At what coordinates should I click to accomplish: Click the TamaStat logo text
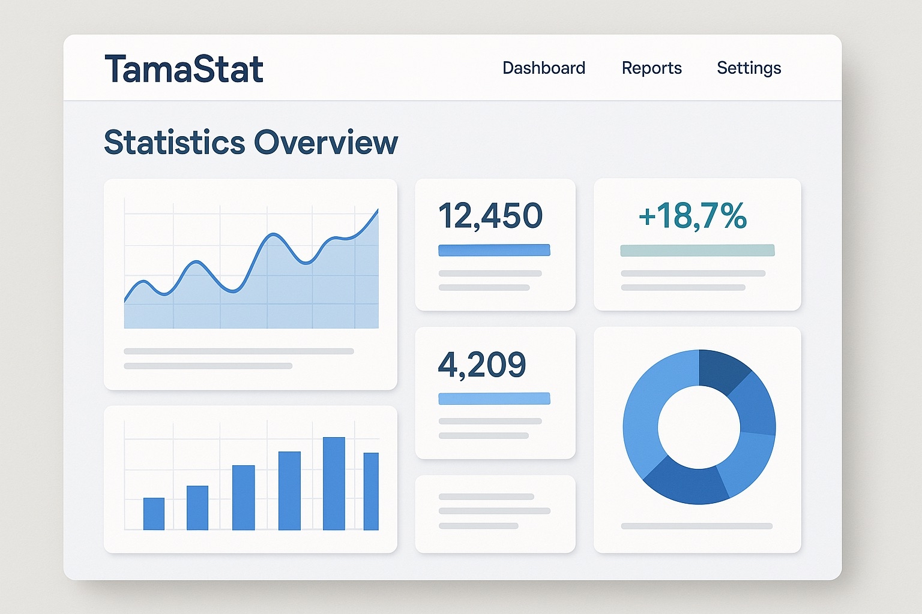point(184,69)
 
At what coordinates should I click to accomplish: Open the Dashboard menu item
point(544,68)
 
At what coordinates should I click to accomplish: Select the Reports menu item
point(651,68)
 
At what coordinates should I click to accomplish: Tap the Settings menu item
point(749,68)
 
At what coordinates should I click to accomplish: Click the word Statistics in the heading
point(175,143)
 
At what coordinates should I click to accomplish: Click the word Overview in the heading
point(326,143)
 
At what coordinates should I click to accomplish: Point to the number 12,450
point(490,216)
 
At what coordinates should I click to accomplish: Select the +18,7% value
point(693,216)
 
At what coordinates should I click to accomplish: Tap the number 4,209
point(482,364)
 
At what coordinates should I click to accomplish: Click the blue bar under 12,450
point(494,250)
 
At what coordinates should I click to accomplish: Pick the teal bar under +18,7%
point(697,250)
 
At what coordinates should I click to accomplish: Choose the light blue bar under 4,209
point(494,399)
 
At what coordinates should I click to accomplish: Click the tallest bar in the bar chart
point(334,483)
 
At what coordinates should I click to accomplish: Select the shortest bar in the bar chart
point(154,514)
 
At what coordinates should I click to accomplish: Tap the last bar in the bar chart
point(371,491)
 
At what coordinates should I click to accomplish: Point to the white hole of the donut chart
point(699,427)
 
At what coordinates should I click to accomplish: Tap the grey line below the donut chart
point(696,526)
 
